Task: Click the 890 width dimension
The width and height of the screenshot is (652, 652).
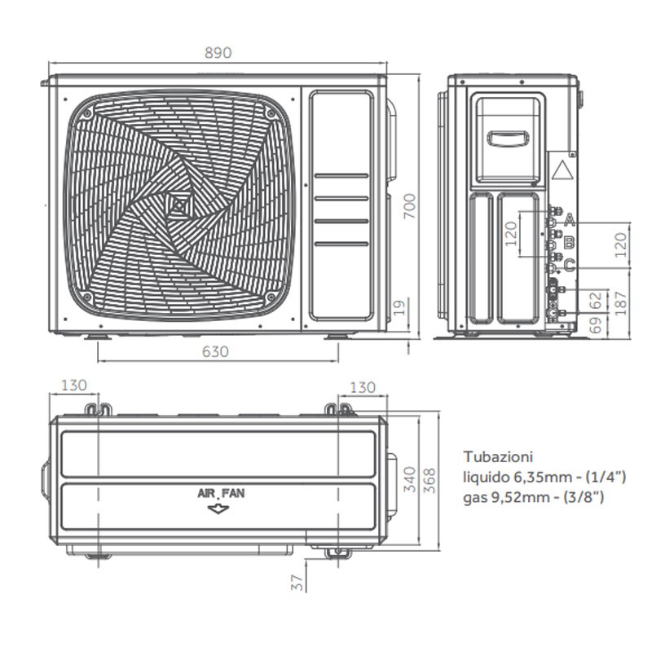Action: pyautogui.click(x=218, y=53)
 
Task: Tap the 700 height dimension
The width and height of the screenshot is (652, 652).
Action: pyautogui.click(x=410, y=206)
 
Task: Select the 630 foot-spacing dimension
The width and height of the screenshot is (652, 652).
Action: pyautogui.click(x=215, y=352)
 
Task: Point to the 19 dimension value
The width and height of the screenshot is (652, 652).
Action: pyautogui.click(x=399, y=307)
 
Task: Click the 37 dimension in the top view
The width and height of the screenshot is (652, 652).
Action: pyautogui.click(x=297, y=582)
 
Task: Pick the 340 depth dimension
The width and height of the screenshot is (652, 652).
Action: pyautogui.click(x=410, y=479)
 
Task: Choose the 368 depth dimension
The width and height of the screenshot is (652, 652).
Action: pyautogui.click(x=430, y=481)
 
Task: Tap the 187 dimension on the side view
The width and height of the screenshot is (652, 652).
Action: pyautogui.click(x=620, y=303)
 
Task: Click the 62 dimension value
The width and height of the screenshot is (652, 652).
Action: pyautogui.click(x=596, y=300)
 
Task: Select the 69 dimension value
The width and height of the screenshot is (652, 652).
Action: pyautogui.click(x=596, y=325)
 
